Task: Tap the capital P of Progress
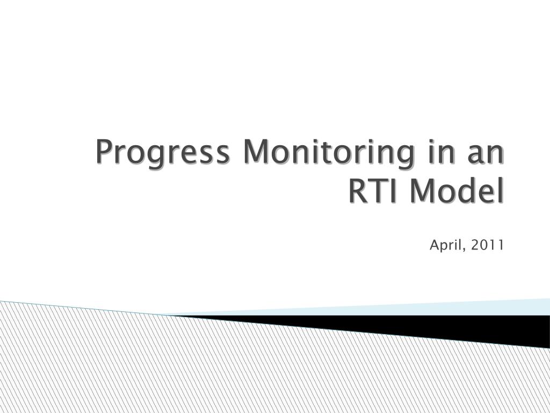105,153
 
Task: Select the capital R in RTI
358,191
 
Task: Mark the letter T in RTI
378,191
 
